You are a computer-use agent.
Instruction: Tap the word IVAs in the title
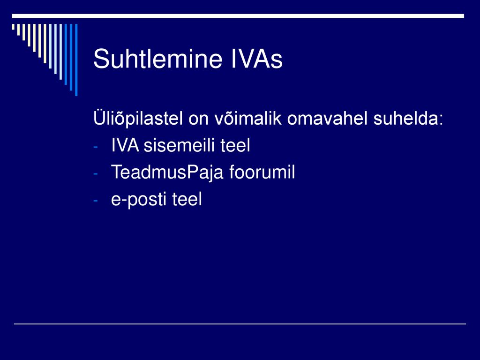256,59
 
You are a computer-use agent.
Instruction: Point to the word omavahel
327,118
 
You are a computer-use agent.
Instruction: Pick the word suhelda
405,118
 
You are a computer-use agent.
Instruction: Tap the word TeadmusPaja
167,172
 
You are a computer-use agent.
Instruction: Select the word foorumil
262,172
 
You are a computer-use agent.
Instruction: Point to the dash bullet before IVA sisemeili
96,147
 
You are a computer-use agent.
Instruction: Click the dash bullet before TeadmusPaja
96,174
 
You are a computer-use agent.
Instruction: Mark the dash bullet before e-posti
96,201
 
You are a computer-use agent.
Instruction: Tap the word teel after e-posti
187,199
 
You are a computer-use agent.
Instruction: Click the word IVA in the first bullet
125,145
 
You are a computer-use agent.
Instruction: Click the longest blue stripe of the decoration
76,60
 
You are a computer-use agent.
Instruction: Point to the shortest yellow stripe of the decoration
13,27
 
